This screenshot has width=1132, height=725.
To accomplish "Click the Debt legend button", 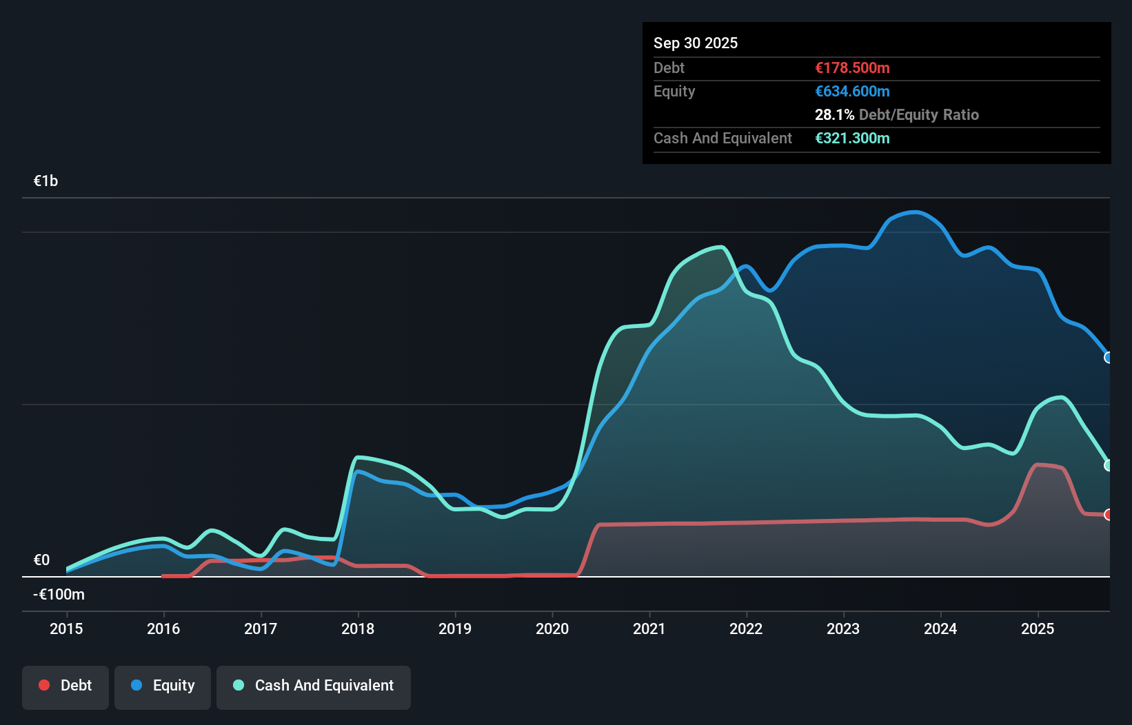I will point(65,686).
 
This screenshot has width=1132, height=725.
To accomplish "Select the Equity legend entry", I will point(163,686).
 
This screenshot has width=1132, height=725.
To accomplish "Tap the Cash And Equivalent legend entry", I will point(314,686).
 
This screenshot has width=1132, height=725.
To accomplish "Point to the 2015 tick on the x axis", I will point(66,629).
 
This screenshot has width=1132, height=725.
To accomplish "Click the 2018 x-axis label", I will point(358,629).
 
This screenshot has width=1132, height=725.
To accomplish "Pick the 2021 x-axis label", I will point(649,629).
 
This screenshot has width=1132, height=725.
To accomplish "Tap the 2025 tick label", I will point(1038,629).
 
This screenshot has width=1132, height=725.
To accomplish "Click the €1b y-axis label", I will point(46,181).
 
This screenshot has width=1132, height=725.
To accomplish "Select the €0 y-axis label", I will point(41,560).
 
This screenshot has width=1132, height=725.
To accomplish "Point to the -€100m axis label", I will point(59,594).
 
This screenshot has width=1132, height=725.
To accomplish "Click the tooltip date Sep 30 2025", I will point(696,43).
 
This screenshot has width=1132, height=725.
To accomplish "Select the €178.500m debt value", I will point(852,68).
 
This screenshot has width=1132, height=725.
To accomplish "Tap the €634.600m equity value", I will point(852,91).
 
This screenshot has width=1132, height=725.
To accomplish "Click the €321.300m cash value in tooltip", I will point(852,138).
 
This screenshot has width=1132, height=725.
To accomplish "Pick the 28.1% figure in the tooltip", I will point(834,114).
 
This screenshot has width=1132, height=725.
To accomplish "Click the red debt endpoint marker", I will point(1108,515).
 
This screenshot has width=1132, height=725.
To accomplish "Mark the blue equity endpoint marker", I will point(1108,358).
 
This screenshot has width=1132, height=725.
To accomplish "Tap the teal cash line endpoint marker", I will point(1108,465).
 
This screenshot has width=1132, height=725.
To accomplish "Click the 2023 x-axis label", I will point(843,629).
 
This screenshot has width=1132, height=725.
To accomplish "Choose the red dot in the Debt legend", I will point(44,685).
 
